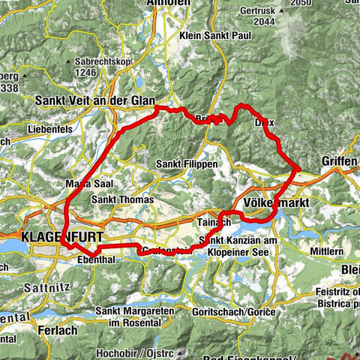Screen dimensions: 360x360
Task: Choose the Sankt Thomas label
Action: (122, 200)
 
